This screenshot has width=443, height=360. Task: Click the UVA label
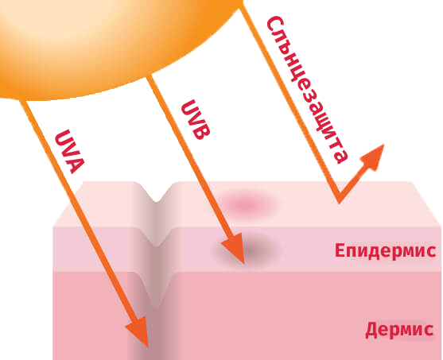(69, 152)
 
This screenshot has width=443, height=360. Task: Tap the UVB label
(196, 120)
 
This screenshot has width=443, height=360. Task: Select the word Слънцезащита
(307, 90)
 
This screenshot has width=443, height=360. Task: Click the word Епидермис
(386, 250)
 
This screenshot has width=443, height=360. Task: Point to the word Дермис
(399, 329)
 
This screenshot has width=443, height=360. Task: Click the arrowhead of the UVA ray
(139, 331)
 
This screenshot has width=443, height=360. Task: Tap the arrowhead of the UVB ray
(234, 248)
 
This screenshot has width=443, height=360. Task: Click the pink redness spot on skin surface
(247, 204)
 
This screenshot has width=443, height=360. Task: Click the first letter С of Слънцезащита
(274, 23)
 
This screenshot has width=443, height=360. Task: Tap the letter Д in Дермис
(371, 330)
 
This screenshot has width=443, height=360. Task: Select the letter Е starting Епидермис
(340, 250)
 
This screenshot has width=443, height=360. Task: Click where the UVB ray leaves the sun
(150, 77)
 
